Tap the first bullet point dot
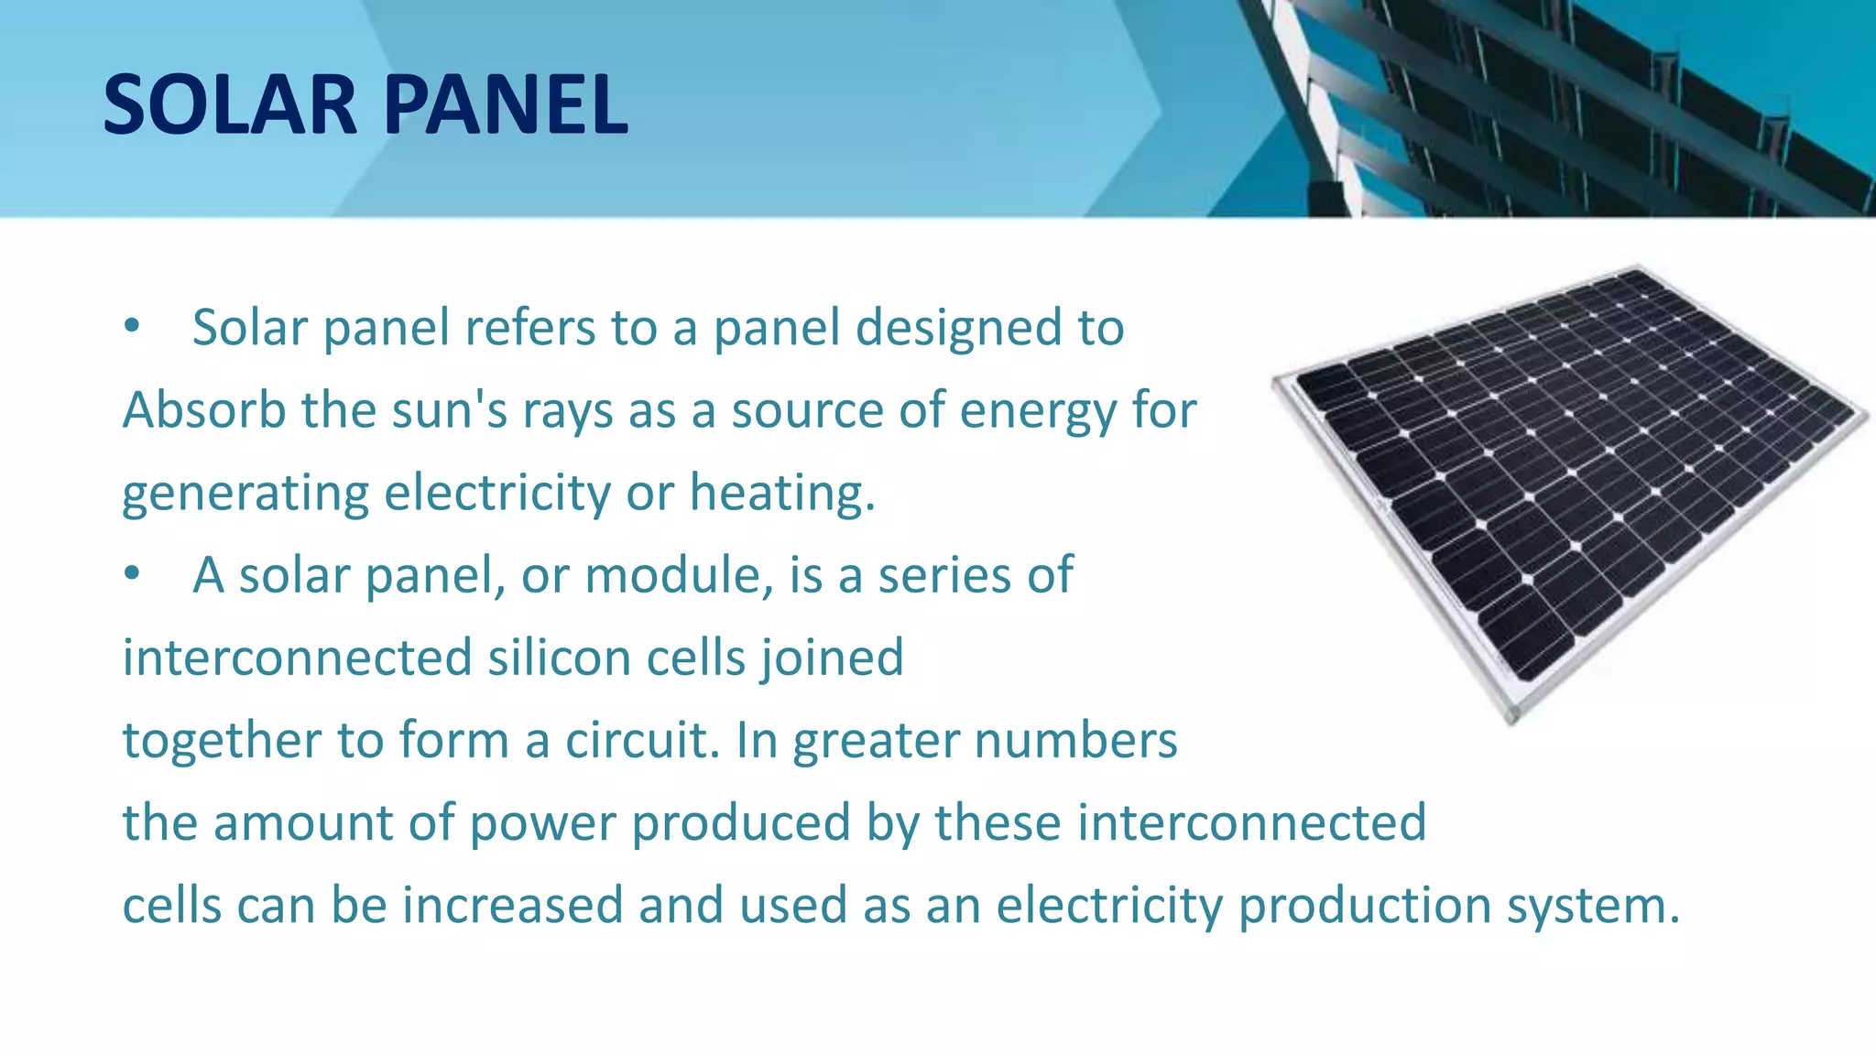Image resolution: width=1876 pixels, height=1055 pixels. (133, 326)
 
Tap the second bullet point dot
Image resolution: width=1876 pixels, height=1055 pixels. (133, 574)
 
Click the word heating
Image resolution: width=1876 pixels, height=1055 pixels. (781, 493)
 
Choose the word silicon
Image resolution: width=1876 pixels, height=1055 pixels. (559, 658)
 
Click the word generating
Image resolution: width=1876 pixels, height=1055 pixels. (245, 495)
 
